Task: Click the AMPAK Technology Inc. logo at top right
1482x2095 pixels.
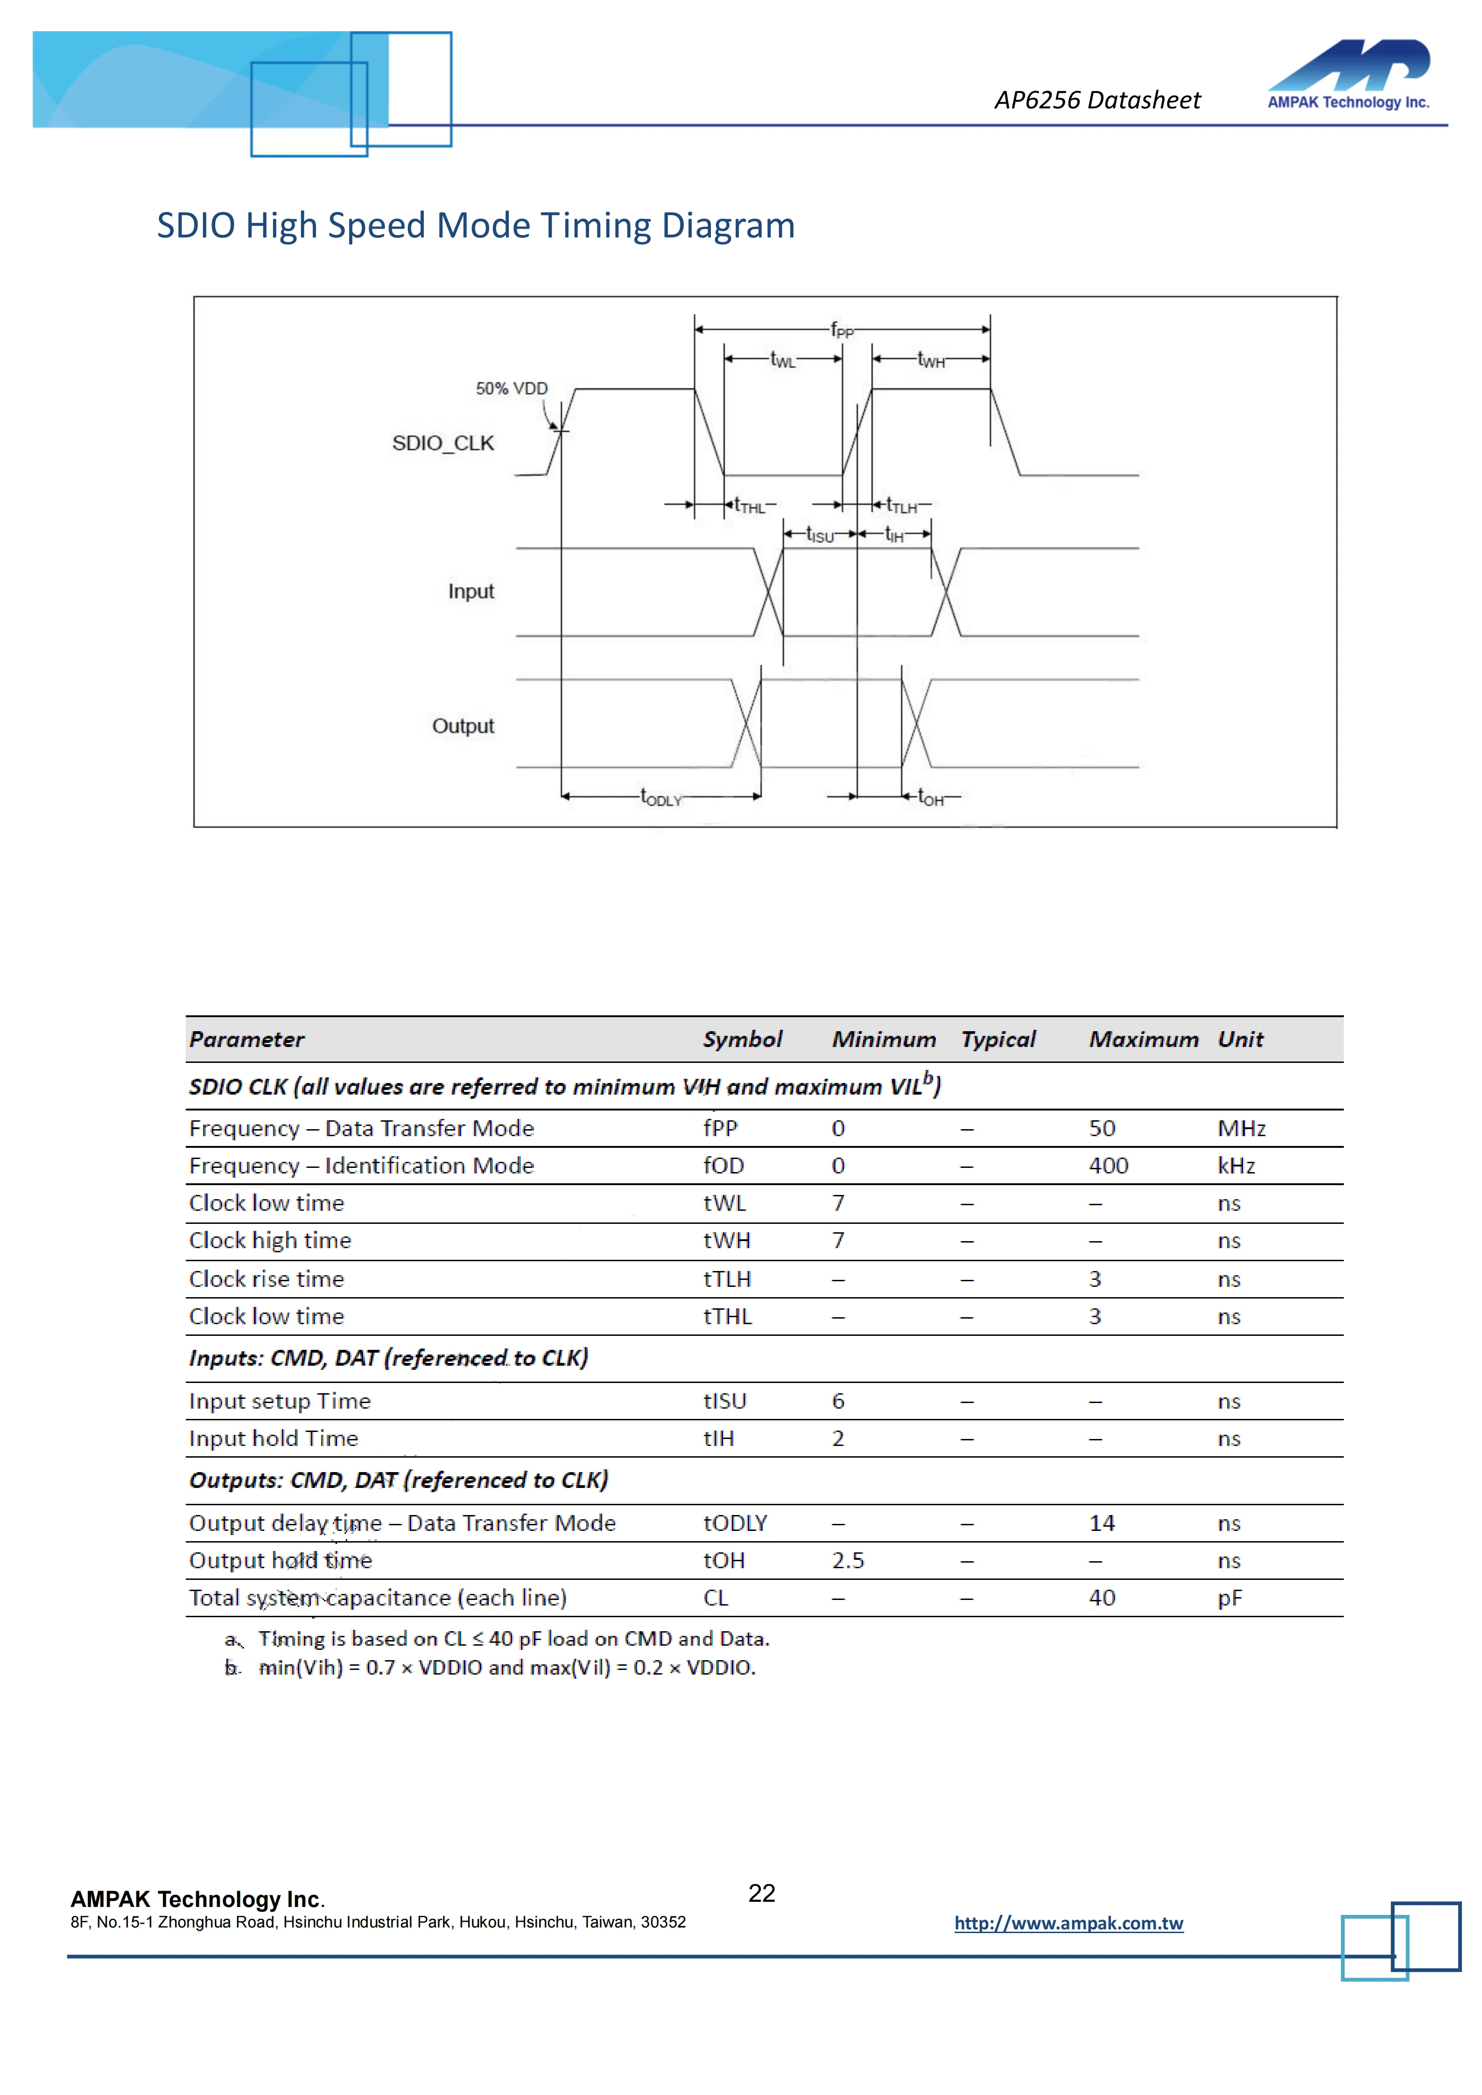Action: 1348,75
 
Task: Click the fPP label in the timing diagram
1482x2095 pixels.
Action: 842,329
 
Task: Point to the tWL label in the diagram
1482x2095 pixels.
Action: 782,359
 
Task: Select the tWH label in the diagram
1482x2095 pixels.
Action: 931,359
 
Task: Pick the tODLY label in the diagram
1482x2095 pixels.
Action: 660,797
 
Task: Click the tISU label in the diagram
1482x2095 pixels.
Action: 820,535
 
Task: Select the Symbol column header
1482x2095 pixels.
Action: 742,1039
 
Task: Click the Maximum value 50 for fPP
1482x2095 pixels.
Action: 1102,1129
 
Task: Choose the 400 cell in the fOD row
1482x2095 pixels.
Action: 1108,1166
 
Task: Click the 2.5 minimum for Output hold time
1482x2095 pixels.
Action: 848,1561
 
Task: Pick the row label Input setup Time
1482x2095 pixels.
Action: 279,1402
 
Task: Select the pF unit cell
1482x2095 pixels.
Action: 1229,1599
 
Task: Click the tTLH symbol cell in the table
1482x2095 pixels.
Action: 726,1279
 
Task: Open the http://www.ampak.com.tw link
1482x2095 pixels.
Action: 1068,1923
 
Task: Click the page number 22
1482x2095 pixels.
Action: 761,1893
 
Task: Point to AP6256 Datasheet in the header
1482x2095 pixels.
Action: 1097,100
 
